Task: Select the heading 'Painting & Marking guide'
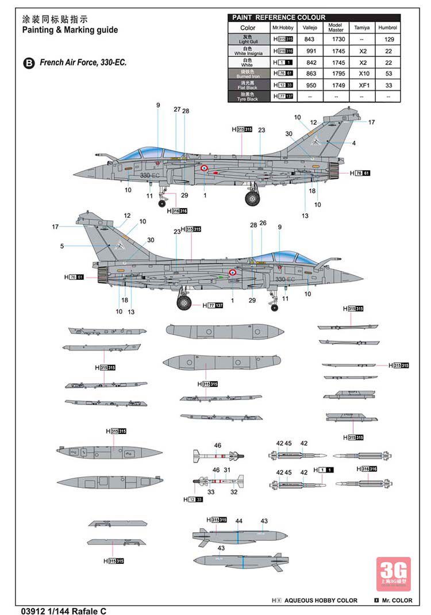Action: pos(70,30)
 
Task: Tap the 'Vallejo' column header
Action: pos(310,28)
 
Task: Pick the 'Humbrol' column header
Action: pos(388,28)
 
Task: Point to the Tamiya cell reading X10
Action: pos(363,74)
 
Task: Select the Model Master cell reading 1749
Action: pos(336,85)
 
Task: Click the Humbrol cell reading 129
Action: pos(388,39)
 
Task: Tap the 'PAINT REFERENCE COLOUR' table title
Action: pos(279,17)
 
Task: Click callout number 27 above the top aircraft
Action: pos(177,110)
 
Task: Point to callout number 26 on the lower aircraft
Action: pos(263,223)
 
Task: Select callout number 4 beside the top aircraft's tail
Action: pos(354,143)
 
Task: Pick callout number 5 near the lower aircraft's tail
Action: pos(61,246)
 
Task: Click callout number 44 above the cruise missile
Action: pos(239,521)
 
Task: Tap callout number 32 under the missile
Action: pos(234,491)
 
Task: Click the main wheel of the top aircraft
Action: pos(252,198)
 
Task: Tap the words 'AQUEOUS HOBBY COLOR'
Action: pos(321,601)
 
